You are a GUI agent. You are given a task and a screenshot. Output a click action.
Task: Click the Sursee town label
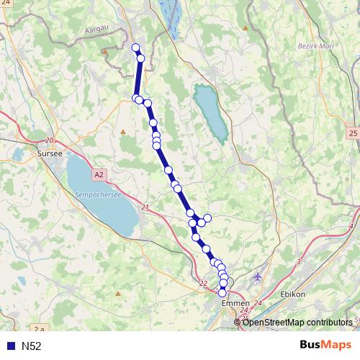coord(50,153)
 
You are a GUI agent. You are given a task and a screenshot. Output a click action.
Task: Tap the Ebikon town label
coord(292,294)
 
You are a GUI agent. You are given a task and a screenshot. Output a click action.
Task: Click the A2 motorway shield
coord(99,174)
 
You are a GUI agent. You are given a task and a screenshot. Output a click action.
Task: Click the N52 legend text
coord(32,346)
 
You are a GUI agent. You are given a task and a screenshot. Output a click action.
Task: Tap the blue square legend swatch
coord(11,346)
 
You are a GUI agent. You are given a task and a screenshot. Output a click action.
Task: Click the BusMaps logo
coord(325,345)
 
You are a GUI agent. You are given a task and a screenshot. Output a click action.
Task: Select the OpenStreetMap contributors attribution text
coord(298,322)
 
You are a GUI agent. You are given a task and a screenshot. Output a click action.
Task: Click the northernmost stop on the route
coord(135,48)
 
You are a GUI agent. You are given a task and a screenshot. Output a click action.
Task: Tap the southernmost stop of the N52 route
coord(222,293)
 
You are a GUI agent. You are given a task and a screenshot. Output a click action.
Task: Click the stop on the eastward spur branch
coord(207,217)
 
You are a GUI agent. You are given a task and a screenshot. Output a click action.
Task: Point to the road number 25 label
coord(352,133)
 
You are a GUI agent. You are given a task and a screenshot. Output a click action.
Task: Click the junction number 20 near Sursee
coord(49,140)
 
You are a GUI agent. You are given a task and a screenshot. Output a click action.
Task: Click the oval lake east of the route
coord(210,112)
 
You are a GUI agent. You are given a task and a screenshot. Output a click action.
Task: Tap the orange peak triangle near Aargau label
coord(104,52)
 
